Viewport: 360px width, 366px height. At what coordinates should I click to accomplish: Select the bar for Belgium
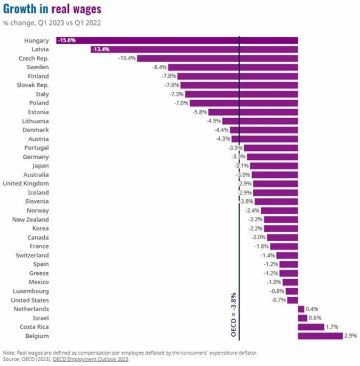point(320,336)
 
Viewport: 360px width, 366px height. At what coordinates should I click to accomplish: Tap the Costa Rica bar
point(311,327)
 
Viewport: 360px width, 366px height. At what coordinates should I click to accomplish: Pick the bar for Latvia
point(195,50)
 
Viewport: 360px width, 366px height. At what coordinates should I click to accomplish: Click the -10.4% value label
point(127,58)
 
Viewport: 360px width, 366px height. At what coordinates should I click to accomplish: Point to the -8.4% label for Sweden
point(159,67)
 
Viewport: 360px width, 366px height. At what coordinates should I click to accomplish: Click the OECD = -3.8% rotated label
point(233,314)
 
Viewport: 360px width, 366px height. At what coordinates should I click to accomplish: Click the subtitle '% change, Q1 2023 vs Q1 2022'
point(52,23)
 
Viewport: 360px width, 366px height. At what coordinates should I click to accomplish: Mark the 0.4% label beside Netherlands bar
point(313,309)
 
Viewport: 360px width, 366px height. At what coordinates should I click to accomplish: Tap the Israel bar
point(302,318)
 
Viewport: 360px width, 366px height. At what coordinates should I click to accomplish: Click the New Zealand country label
point(30,219)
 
